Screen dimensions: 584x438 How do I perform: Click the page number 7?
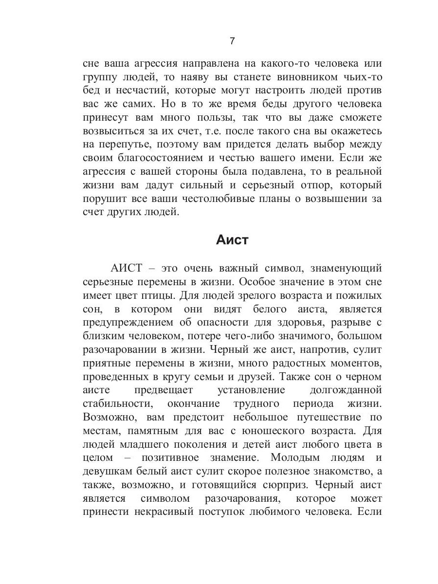pos(232,41)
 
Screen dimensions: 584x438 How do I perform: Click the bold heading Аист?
pos(232,240)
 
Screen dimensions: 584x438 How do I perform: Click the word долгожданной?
pos(345,390)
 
